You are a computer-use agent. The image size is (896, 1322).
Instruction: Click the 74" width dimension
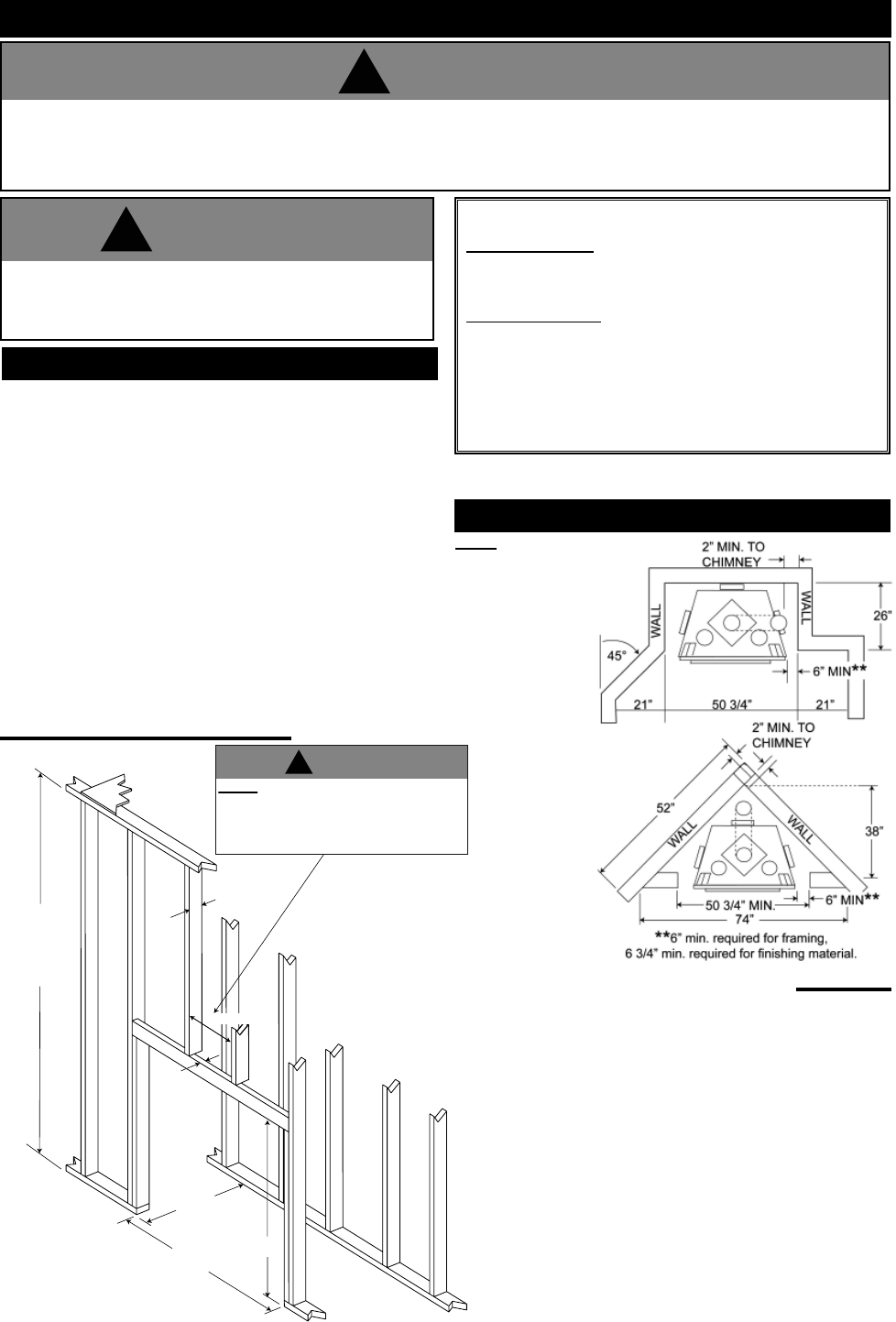[x=743, y=918]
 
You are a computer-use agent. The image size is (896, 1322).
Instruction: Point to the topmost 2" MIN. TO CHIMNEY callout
[x=729, y=554]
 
